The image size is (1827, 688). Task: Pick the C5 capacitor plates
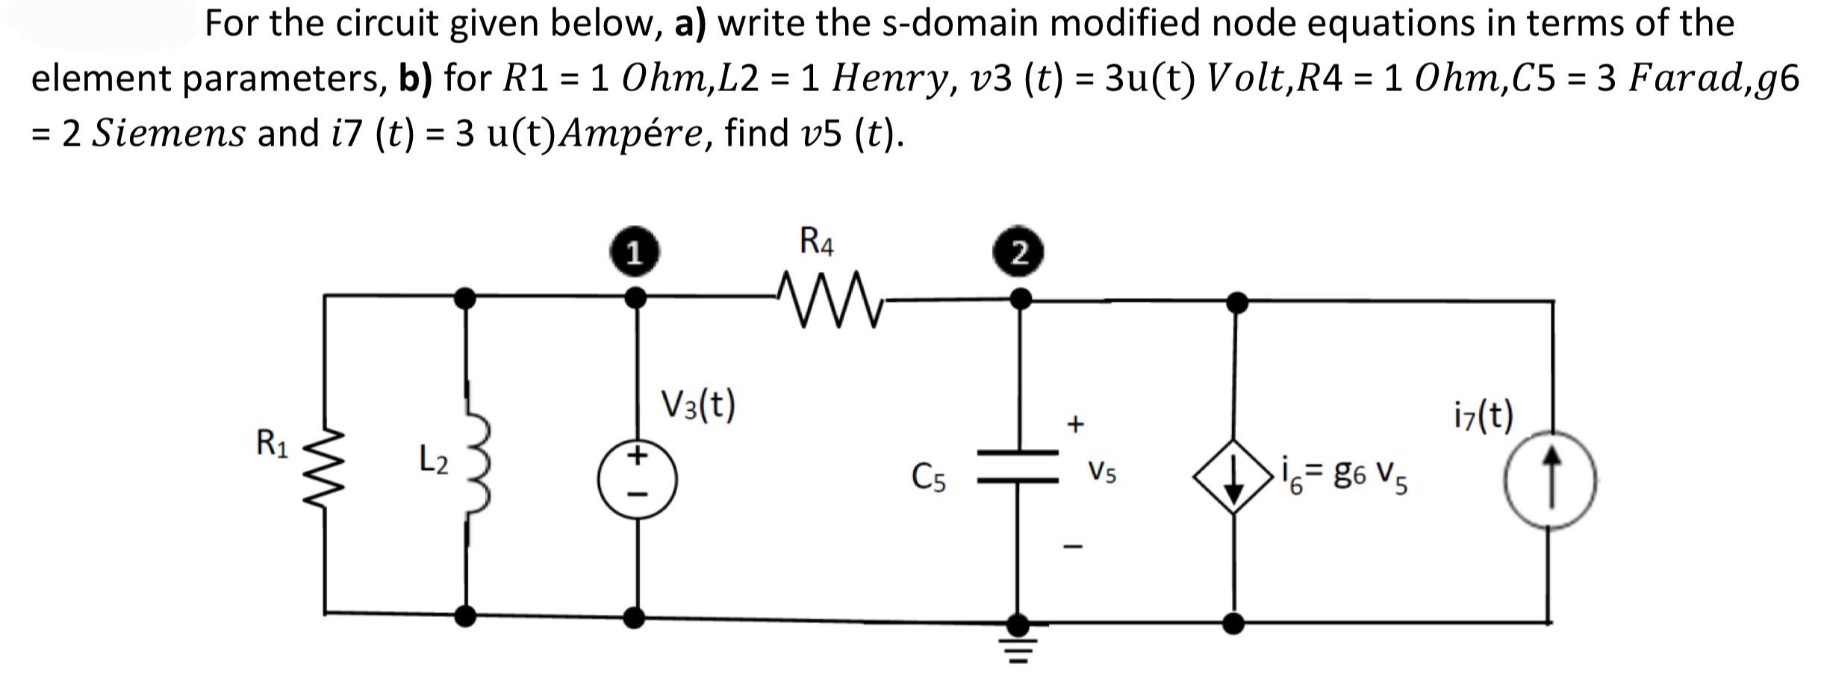pyautogui.click(x=1018, y=466)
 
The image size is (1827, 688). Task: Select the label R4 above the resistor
pyautogui.click(x=817, y=242)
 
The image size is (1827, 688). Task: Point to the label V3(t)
pyautogui.click(x=698, y=405)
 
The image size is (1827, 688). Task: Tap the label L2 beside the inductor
pyautogui.click(x=433, y=459)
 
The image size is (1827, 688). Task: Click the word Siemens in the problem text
pyautogui.click(x=169, y=134)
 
